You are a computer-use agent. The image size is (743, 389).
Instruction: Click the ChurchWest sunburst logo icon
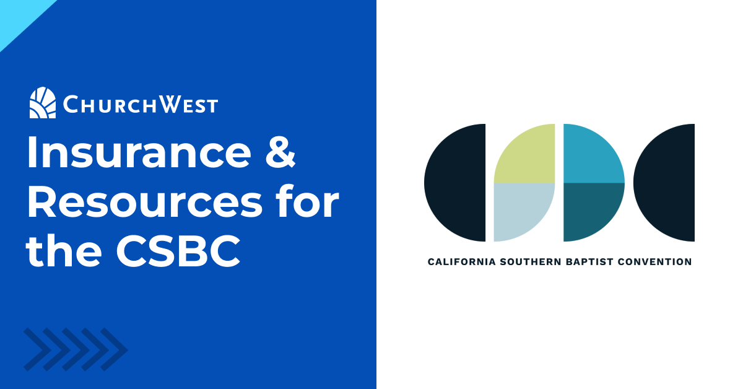click(x=43, y=103)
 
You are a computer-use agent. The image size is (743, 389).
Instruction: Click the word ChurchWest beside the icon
click(x=141, y=105)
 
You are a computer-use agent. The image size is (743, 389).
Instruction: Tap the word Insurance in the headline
click(x=139, y=152)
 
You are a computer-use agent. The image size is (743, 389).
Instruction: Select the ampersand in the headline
click(x=280, y=152)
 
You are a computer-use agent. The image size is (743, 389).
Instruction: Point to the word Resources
click(x=145, y=202)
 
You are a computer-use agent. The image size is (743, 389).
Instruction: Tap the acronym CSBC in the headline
click(x=178, y=251)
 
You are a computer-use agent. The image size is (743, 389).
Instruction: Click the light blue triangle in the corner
click(x=19, y=17)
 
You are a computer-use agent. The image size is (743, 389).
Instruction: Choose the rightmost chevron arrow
click(x=114, y=349)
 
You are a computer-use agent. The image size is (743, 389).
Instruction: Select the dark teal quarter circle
click(x=589, y=209)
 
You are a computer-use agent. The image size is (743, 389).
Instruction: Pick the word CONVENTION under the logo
click(x=655, y=262)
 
